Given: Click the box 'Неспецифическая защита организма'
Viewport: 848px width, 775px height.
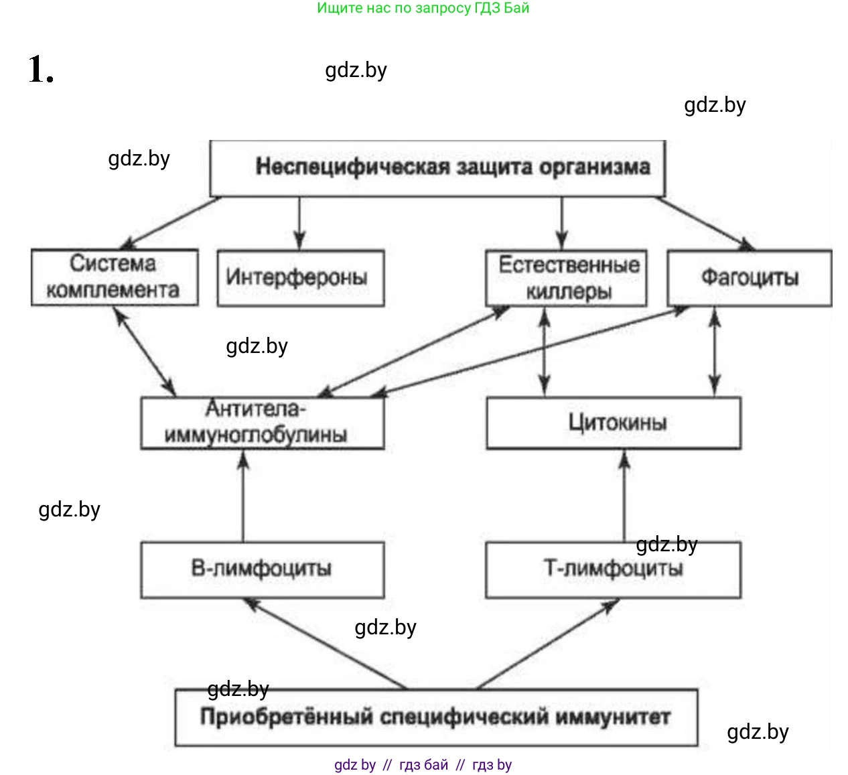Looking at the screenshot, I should pyautogui.click(x=437, y=167).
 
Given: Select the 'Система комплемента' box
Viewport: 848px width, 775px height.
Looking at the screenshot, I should pyautogui.click(x=115, y=277).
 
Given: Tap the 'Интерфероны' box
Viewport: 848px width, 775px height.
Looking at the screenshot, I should pyautogui.click(x=300, y=278).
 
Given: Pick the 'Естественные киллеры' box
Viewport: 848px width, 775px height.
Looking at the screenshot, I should pyautogui.click(x=566, y=278).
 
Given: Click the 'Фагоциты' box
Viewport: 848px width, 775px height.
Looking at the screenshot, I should pyautogui.click(x=750, y=278).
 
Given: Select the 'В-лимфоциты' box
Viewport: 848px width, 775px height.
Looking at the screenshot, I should pyautogui.click(x=262, y=569).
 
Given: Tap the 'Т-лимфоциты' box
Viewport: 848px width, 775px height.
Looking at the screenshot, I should pyautogui.click(x=613, y=569).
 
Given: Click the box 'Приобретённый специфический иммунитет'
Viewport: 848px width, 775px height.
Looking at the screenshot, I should pyautogui.click(x=435, y=717).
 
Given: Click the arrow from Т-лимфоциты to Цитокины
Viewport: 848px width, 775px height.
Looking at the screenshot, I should pyautogui.click(x=625, y=496).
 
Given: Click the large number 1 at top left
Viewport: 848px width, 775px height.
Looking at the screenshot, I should pyautogui.click(x=40, y=70).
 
